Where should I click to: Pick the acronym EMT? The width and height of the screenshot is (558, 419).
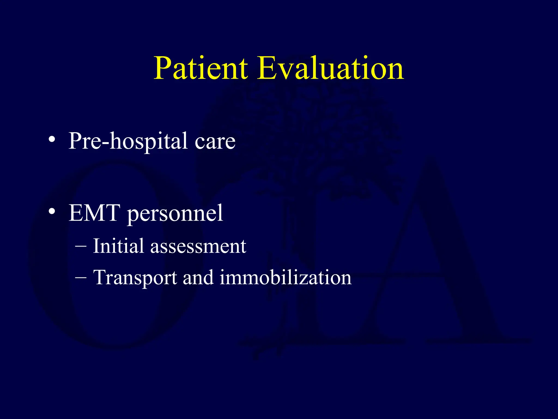coord(94,213)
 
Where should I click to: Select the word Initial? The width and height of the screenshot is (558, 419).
coord(118,246)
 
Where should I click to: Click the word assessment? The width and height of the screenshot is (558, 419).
coord(198,247)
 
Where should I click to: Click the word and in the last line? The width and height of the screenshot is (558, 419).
coord(198,277)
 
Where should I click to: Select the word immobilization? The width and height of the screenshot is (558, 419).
coord(285,277)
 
